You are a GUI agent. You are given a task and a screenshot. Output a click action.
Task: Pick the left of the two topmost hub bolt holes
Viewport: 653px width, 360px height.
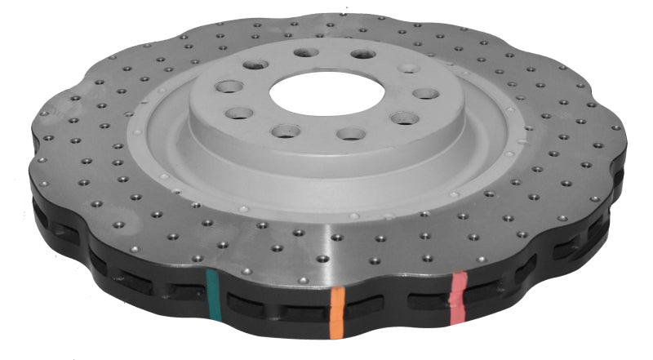[x=305, y=53]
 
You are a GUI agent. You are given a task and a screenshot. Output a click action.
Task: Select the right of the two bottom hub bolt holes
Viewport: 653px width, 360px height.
[x=349, y=133]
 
